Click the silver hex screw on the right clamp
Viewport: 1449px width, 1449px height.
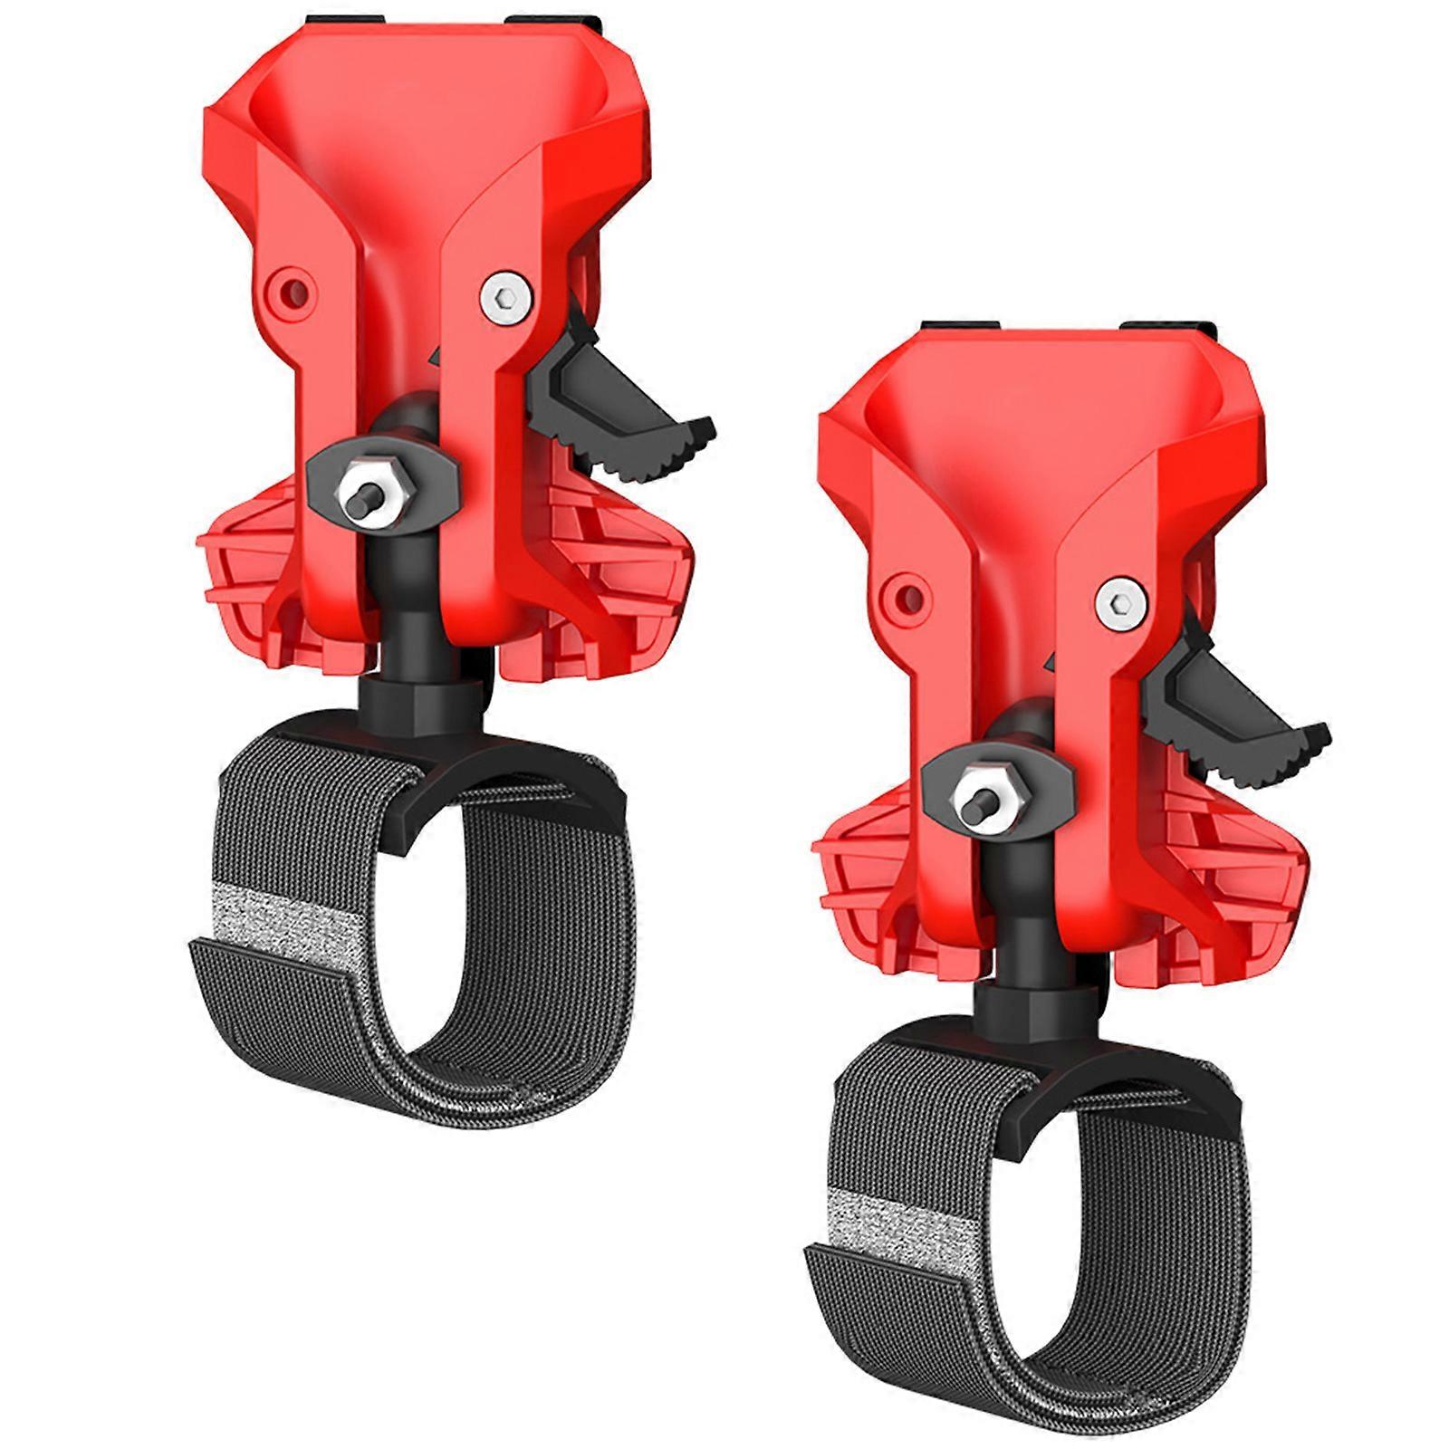[x=1120, y=601]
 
